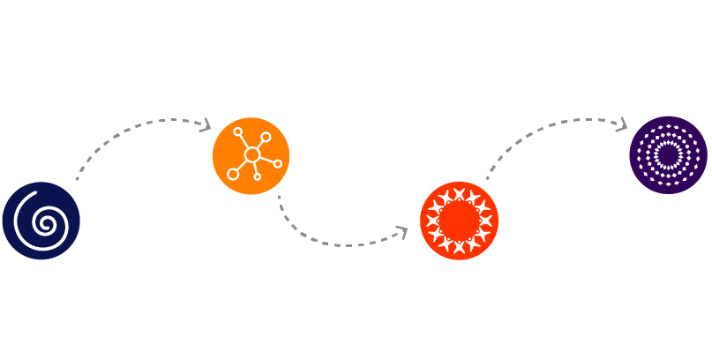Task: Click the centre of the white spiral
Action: click(x=41, y=222)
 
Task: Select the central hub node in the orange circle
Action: click(x=252, y=155)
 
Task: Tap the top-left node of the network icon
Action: click(x=237, y=131)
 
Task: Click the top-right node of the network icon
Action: click(x=266, y=137)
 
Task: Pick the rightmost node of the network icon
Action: click(x=278, y=163)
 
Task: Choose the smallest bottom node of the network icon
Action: click(x=257, y=177)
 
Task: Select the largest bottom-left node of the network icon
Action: click(x=233, y=174)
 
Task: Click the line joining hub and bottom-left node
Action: click(x=243, y=165)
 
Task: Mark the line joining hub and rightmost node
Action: click(x=266, y=160)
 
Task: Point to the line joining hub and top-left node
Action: click(x=244, y=142)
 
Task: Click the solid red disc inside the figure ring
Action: click(x=459, y=221)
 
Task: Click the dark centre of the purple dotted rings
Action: click(x=668, y=154)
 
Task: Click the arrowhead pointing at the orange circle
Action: click(x=206, y=125)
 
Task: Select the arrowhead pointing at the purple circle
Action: click(x=622, y=124)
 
